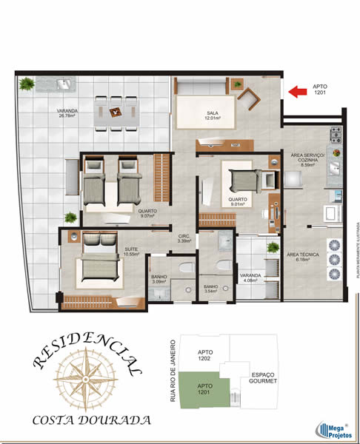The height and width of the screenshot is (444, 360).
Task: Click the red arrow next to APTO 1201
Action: [297, 92]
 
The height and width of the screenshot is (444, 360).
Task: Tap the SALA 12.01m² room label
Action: [214, 115]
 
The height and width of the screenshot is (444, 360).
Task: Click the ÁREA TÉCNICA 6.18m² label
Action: [304, 257]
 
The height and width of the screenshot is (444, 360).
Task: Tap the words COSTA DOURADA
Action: [92, 420]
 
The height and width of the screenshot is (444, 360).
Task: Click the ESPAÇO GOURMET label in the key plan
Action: [264, 377]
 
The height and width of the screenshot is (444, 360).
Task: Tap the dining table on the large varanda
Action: [117, 112]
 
